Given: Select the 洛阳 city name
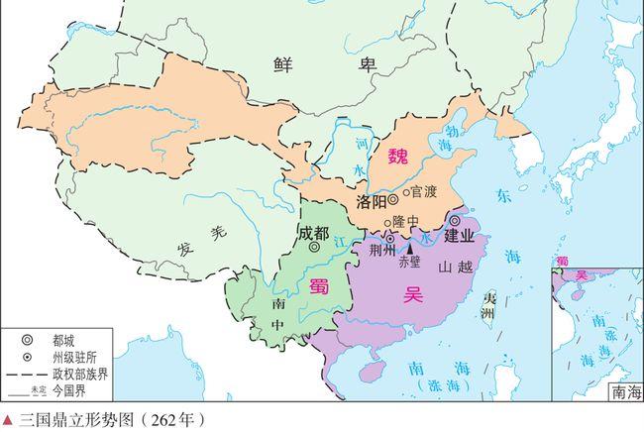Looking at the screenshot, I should point(369,202).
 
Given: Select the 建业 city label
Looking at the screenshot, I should point(459,237).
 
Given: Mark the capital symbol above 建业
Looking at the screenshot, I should point(455,220).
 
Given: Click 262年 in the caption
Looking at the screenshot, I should point(173,420).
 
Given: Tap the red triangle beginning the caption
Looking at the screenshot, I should point(8,420).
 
